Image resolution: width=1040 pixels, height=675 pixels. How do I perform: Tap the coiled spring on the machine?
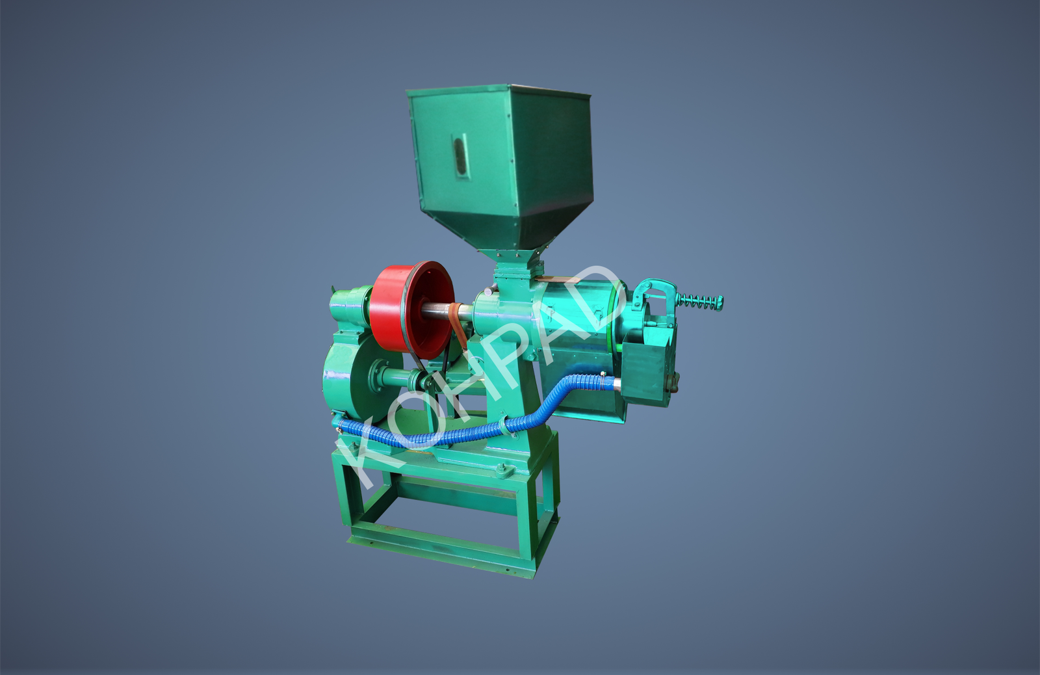point(699,302)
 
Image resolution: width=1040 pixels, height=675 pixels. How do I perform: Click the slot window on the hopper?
point(461,156)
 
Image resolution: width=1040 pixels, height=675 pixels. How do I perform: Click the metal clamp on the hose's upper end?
point(601,382)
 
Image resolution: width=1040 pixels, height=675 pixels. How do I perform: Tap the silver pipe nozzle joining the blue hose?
point(617,384)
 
